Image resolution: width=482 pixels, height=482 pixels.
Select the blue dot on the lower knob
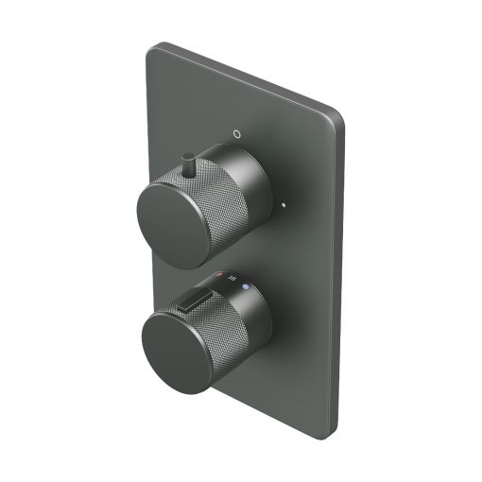click(x=246, y=284)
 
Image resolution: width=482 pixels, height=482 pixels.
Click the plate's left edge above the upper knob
click(x=146, y=113)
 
